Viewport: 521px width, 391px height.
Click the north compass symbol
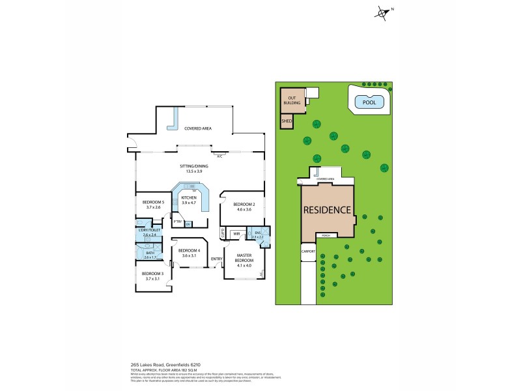(382, 12)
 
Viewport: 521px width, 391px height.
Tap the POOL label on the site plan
(369, 102)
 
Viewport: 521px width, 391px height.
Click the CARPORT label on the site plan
(308, 251)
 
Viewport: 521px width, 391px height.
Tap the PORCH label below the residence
(325, 235)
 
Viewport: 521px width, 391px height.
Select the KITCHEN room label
(189, 197)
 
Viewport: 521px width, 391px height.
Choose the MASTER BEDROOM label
(244, 258)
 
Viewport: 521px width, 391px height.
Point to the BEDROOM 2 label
(244, 205)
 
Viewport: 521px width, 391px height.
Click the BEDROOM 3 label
(152, 274)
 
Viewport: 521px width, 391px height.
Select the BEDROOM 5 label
(152, 202)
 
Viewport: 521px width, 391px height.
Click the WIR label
(237, 233)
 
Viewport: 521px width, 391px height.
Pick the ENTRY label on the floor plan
(216, 259)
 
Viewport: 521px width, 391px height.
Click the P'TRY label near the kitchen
(177, 222)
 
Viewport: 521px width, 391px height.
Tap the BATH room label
(150, 253)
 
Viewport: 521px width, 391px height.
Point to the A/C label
(219, 156)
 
